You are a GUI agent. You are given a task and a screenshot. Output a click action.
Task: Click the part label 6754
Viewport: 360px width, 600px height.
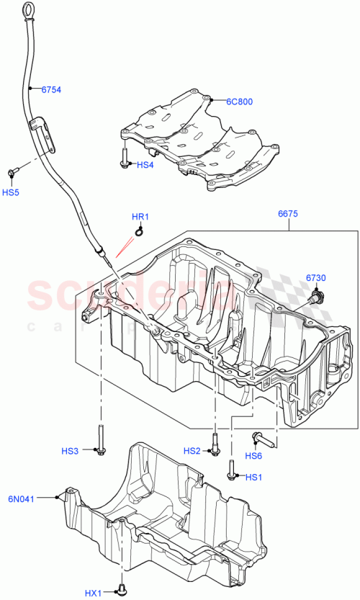[x=50, y=90]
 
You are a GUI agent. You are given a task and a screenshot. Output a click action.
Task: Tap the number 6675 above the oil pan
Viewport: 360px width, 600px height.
[x=288, y=214]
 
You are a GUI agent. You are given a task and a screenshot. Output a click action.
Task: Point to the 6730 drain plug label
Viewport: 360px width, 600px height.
[x=315, y=278]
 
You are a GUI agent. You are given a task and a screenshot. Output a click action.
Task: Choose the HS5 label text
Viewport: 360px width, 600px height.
[x=11, y=192]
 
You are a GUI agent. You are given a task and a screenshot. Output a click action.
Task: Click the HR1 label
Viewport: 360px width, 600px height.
[x=140, y=217]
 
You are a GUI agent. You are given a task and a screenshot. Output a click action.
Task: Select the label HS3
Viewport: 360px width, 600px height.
[x=70, y=451]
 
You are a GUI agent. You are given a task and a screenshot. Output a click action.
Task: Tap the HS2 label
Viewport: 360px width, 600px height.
[x=192, y=451]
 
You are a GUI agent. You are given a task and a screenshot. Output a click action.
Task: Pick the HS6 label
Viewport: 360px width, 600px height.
[x=253, y=455]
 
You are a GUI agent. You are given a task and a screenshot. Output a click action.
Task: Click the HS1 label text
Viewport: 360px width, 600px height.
[x=253, y=477]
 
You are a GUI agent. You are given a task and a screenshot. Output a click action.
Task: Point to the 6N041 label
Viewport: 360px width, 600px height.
[x=22, y=497]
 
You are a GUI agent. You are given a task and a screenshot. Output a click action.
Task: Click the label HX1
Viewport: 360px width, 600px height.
[x=94, y=593]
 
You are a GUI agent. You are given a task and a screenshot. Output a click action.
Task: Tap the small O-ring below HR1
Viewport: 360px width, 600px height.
[x=139, y=232]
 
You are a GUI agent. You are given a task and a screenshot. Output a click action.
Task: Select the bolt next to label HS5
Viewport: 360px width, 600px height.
[x=13, y=172]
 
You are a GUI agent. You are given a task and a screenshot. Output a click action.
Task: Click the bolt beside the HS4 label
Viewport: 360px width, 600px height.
[x=125, y=158]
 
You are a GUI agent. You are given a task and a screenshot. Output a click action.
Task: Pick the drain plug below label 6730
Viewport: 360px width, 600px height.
[x=317, y=294]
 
